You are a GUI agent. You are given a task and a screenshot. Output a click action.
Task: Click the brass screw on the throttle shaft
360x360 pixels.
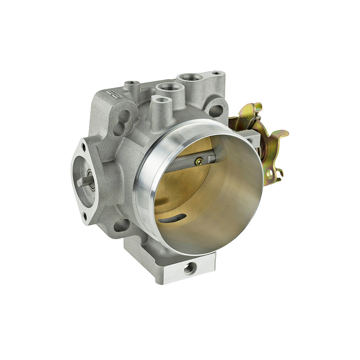199,161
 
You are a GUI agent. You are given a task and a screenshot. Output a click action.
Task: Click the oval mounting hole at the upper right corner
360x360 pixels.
216,109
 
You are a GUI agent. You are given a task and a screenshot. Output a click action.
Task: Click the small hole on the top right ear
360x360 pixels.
216,73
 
